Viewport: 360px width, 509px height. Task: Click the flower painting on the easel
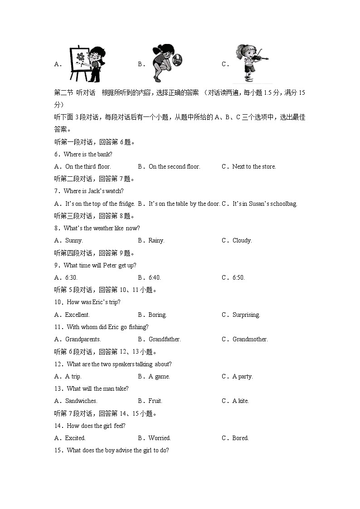pyautogui.click(x=80, y=58)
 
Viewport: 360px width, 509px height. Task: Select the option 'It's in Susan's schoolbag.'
pyautogui.click(x=265, y=204)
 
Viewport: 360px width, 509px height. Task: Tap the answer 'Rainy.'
pyautogui.click(x=156, y=240)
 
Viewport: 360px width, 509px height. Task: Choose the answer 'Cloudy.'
pyautogui.click(x=242, y=240)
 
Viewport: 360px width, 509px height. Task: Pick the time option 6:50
pyautogui.click(x=238, y=277)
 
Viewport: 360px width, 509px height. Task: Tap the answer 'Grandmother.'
pyautogui.click(x=250, y=339)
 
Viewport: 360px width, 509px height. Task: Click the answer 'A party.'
pyautogui.click(x=243, y=376)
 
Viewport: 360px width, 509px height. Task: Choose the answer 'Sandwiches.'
pyautogui.click(x=81, y=401)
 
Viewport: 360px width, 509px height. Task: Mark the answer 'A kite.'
pyautogui.click(x=241, y=401)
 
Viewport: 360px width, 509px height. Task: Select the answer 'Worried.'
pyautogui.click(x=160, y=438)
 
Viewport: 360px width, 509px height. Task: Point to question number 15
pyautogui.click(x=58, y=450)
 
